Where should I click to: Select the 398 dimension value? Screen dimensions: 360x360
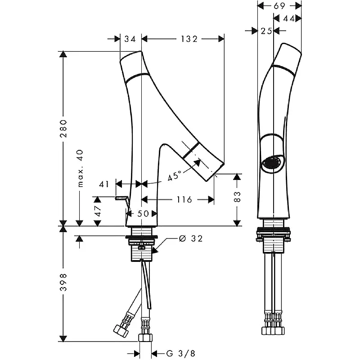[x=63, y=282]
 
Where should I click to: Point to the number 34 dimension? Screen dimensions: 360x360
[x=130, y=39]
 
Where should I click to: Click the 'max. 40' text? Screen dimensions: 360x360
[x=81, y=169]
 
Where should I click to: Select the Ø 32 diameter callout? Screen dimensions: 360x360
[x=191, y=238]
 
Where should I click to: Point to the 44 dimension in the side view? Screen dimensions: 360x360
[x=292, y=18]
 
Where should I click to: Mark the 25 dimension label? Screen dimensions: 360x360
[x=266, y=31]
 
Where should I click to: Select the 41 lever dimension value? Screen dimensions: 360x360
[x=104, y=184]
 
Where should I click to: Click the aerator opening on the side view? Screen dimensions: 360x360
[x=273, y=162]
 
